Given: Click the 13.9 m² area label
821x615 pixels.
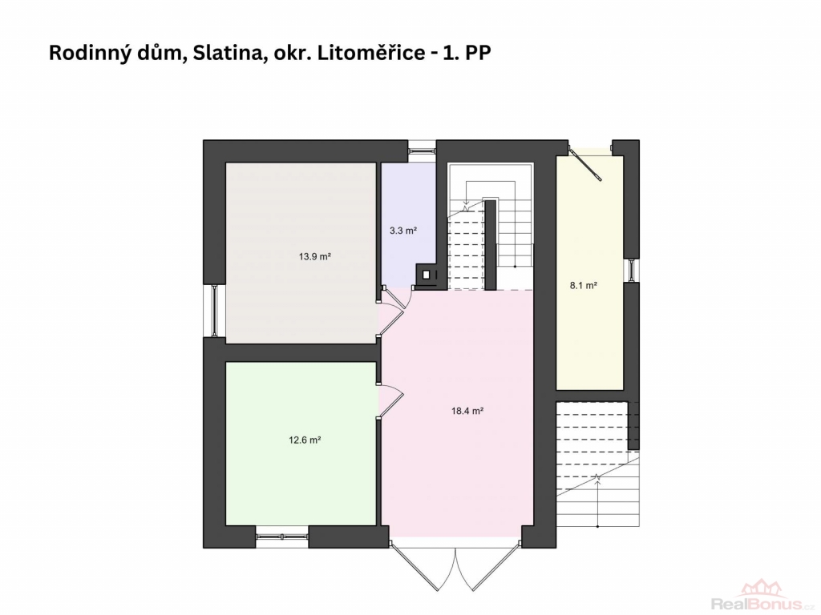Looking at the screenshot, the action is pyautogui.click(x=314, y=257).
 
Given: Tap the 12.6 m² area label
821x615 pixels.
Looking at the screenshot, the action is pyautogui.click(x=305, y=440).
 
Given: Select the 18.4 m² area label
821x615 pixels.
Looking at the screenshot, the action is pyautogui.click(x=467, y=411).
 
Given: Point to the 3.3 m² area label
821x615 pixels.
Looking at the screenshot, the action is pyautogui.click(x=403, y=230).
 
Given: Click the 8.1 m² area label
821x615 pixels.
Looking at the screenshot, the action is pyautogui.click(x=584, y=286).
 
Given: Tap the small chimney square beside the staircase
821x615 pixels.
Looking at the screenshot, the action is pyautogui.click(x=427, y=274).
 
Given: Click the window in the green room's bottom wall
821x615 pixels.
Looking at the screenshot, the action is pyautogui.click(x=281, y=537).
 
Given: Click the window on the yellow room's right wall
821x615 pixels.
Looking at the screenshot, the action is pyautogui.click(x=632, y=271).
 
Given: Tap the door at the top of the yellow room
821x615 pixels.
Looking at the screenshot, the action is pyautogui.click(x=586, y=164).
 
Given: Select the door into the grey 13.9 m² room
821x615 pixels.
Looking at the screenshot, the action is pyautogui.click(x=394, y=311).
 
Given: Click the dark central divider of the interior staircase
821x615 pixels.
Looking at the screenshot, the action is pyautogui.click(x=491, y=245).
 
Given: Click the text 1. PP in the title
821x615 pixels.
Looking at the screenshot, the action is pyautogui.click(x=467, y=54).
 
